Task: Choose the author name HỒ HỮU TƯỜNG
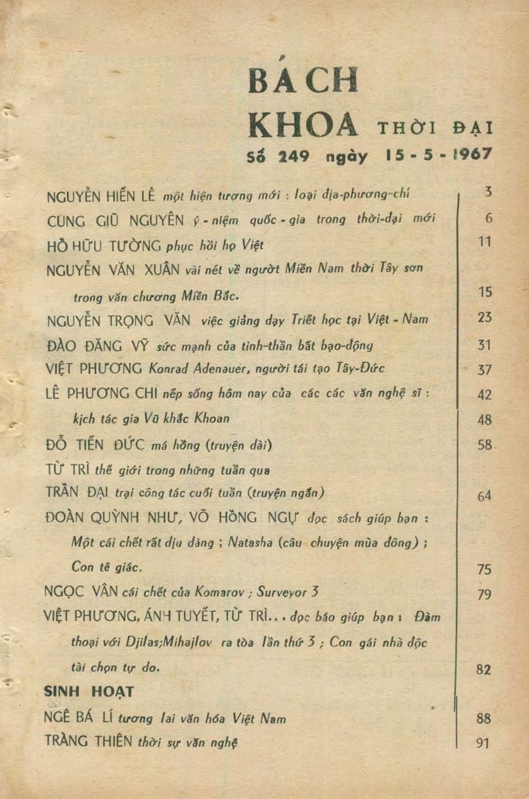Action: point(104,246)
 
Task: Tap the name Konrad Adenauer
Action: point(200,369)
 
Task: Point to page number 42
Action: point(484,394)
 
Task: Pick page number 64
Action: point(484,495)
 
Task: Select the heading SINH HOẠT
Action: point(89,691)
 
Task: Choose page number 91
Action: point(483,743)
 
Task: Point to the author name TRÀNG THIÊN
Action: point(88,741)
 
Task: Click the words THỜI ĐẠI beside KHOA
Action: point(434,128)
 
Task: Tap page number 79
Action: point(484,594)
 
